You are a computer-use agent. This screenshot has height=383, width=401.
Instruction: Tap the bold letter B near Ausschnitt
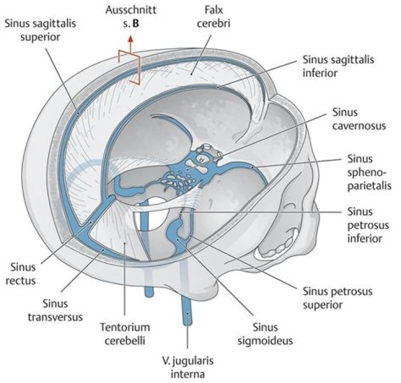point(136,23)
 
